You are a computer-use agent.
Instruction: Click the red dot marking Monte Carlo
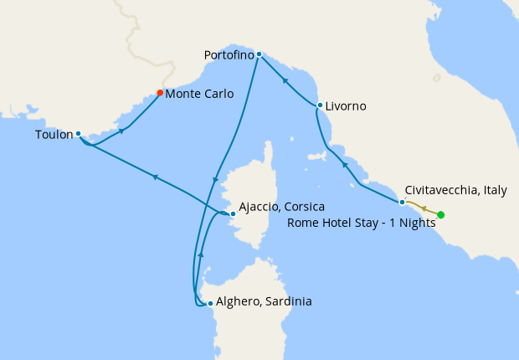(x=160, y=93)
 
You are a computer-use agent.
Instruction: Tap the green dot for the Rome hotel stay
(x=441, y=215)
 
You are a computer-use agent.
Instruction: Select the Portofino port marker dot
(x=259, y=54)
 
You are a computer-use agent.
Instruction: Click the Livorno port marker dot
(x=320, y=105)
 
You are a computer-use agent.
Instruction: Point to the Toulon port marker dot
(x=78, y=133)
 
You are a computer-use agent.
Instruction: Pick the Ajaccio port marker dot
(x=233, y=213)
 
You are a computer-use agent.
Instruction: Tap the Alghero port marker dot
(x=209, y=303)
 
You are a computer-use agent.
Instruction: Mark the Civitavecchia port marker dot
(x=402, y=202)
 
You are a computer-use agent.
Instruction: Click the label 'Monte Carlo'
(x=199, y=94)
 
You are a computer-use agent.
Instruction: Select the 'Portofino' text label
(x=229, y=55)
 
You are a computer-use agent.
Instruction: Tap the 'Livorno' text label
(x=347, y=106)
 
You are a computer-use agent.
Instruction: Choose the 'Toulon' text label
(x=54, y=134)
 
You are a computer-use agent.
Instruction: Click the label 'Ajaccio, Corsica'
(x=281, y=206)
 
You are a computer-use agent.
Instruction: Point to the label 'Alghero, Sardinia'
(x=264, y=301)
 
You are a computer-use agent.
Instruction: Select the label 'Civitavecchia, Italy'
(x=455, y=191)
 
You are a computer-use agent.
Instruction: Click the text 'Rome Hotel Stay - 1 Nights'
(x=362, y=223)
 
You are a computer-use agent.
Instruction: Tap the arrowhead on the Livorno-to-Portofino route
(x=285, y=81)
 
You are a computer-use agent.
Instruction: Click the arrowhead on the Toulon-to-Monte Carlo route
(x=123, y=131)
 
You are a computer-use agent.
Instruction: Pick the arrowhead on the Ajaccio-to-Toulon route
(x=154, y=176)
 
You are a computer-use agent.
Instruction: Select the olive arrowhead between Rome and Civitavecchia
(x=424, y=208)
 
